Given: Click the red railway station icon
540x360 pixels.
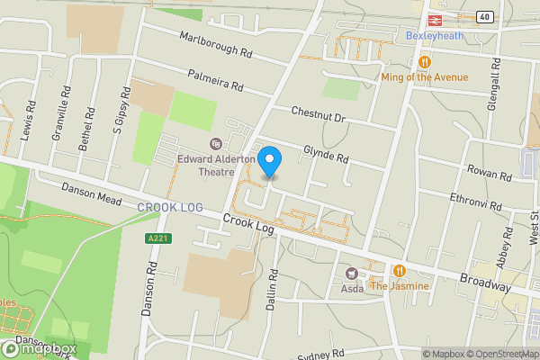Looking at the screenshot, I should (433, 18).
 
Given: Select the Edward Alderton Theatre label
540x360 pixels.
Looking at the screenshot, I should (214, 160).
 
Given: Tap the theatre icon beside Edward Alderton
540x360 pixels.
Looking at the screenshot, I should (215, 143).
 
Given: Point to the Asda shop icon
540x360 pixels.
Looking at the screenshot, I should (352, 272).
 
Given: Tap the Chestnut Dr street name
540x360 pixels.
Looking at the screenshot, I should (318, 114).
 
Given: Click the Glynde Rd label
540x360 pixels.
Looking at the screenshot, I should (326, 153).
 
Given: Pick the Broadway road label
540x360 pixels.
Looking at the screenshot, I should (484, 282).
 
